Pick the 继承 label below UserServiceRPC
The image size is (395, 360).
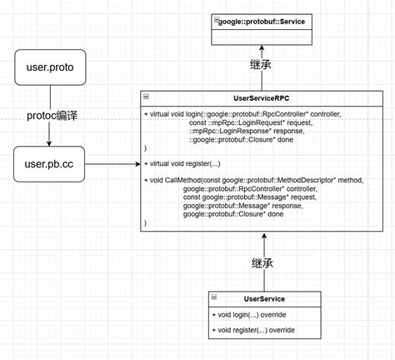264,263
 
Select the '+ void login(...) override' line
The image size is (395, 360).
250,315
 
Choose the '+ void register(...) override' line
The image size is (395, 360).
254,331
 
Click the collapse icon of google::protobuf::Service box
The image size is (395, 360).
217,19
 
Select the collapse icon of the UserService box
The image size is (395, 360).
215,298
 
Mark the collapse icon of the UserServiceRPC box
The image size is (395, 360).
147,97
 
